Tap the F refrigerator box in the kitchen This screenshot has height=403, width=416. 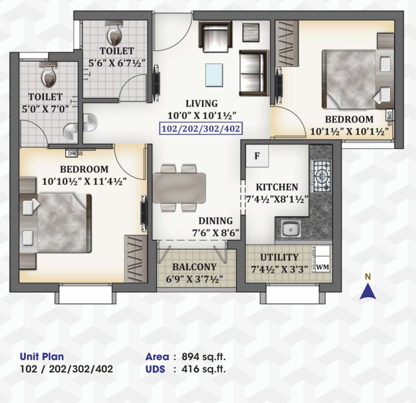coord(257,156)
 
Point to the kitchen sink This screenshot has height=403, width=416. coord(288,229)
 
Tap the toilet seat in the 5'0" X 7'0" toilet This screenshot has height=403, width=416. coord(47,74)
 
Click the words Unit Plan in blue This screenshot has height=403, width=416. coord(42,357)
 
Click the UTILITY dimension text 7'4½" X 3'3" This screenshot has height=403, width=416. coord(280,269)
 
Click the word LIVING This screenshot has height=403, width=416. coord(202,103)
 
